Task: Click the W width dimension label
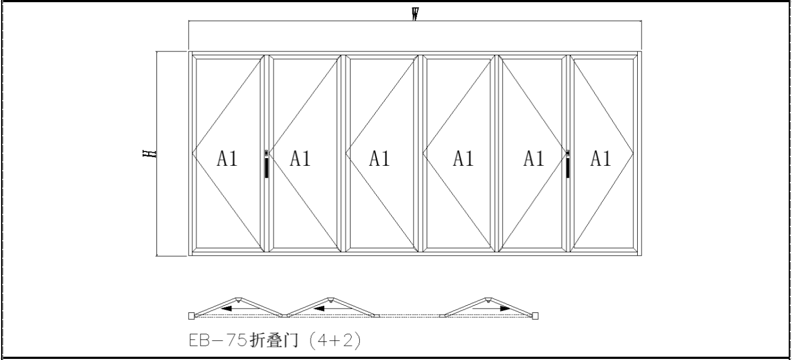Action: point(415,14)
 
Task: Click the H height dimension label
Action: point(149,154)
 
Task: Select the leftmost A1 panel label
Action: point(227,159)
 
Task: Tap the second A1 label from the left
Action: point(300,159)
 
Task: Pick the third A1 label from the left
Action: point(380,159)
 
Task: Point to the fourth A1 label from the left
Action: point(463,159)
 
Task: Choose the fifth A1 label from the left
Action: point(533,159)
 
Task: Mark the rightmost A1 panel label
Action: point(601,159)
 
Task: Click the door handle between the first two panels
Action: point(266,164)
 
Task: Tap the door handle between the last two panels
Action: point(568,164)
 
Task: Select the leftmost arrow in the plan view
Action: point(240,309)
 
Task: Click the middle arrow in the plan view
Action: point(332,309)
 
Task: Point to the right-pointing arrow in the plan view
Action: point(492,309)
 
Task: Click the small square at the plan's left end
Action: point(191,316)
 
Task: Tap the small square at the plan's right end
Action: point(535,316)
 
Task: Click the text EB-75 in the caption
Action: point(218,340)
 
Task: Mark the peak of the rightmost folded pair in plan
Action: point(488,299)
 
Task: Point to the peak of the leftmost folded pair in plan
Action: point(238,299)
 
